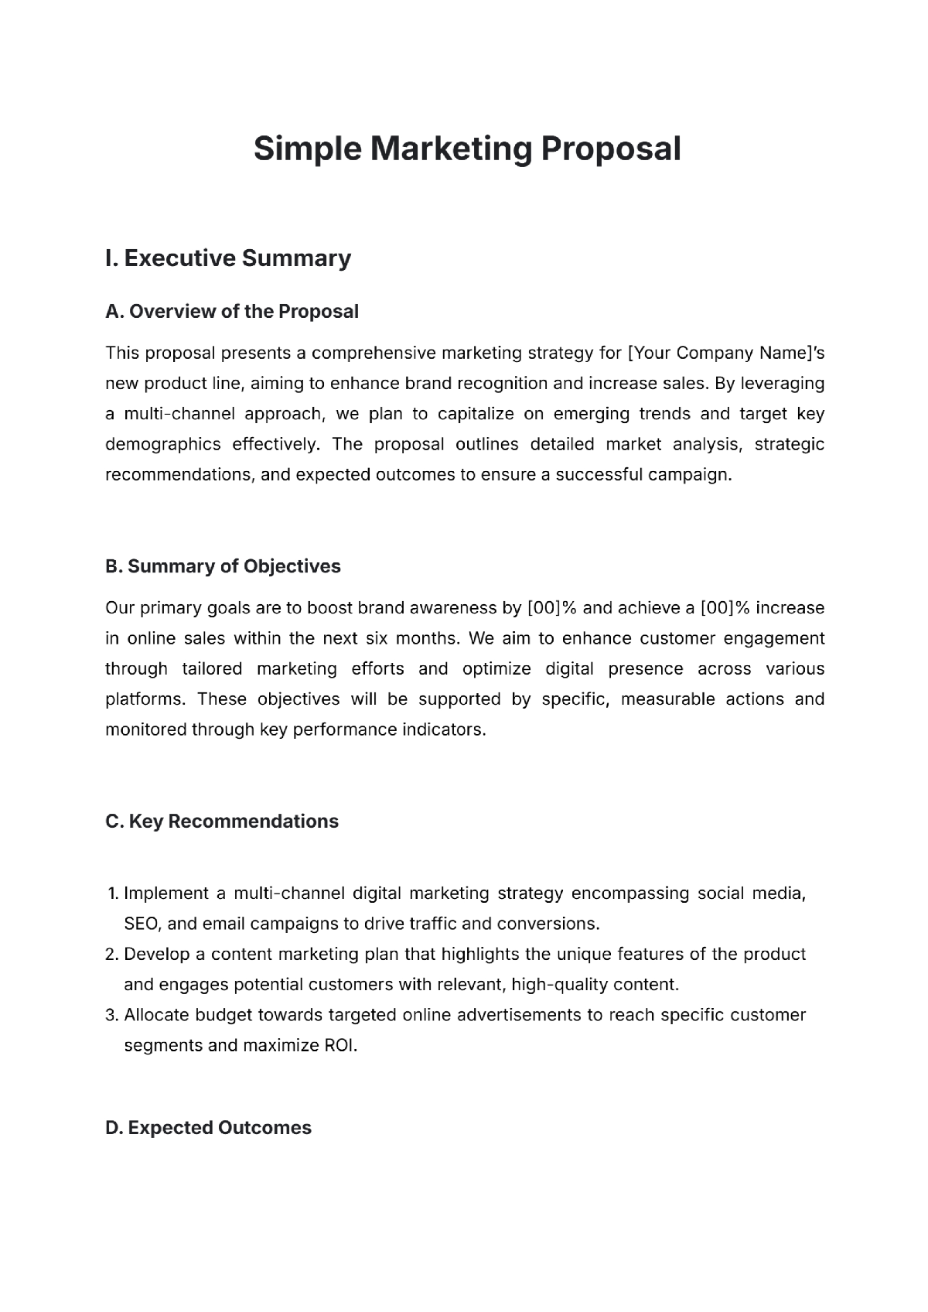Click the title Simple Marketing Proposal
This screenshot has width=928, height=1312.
467,149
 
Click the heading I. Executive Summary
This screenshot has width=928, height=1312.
228,258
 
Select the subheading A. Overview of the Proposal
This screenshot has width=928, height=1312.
232,312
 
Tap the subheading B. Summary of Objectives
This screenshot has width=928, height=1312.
223,566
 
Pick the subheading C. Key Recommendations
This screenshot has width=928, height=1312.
222,822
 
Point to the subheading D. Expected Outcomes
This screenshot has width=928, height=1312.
208,1128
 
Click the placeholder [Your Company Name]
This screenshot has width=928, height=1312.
718,354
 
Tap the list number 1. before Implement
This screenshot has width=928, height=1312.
112,893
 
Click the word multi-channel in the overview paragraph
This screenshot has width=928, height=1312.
179,414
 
